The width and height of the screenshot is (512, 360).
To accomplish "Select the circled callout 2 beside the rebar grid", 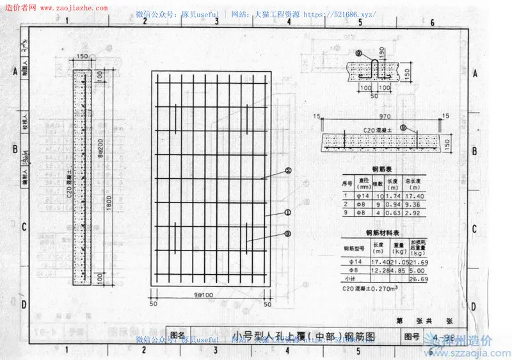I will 289,170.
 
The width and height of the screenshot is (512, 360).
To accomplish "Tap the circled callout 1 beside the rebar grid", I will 289,212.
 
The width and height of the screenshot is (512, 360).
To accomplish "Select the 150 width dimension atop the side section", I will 81,56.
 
